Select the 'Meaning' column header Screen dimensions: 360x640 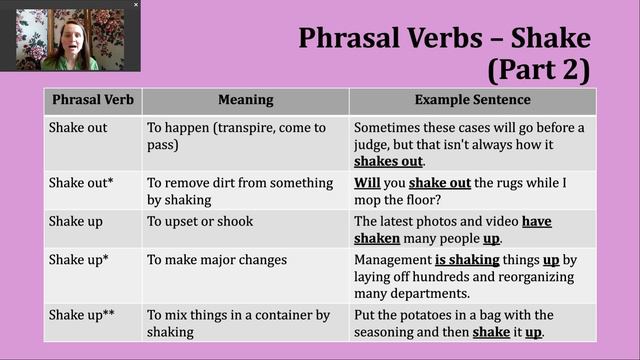point(245,100)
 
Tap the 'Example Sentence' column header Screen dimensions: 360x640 point(473,100)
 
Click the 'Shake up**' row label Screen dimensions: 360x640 point(82,315)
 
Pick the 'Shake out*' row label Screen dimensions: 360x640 point(79,183)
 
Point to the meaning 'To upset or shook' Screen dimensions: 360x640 point(200,221)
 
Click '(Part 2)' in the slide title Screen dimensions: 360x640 point(539,70)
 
